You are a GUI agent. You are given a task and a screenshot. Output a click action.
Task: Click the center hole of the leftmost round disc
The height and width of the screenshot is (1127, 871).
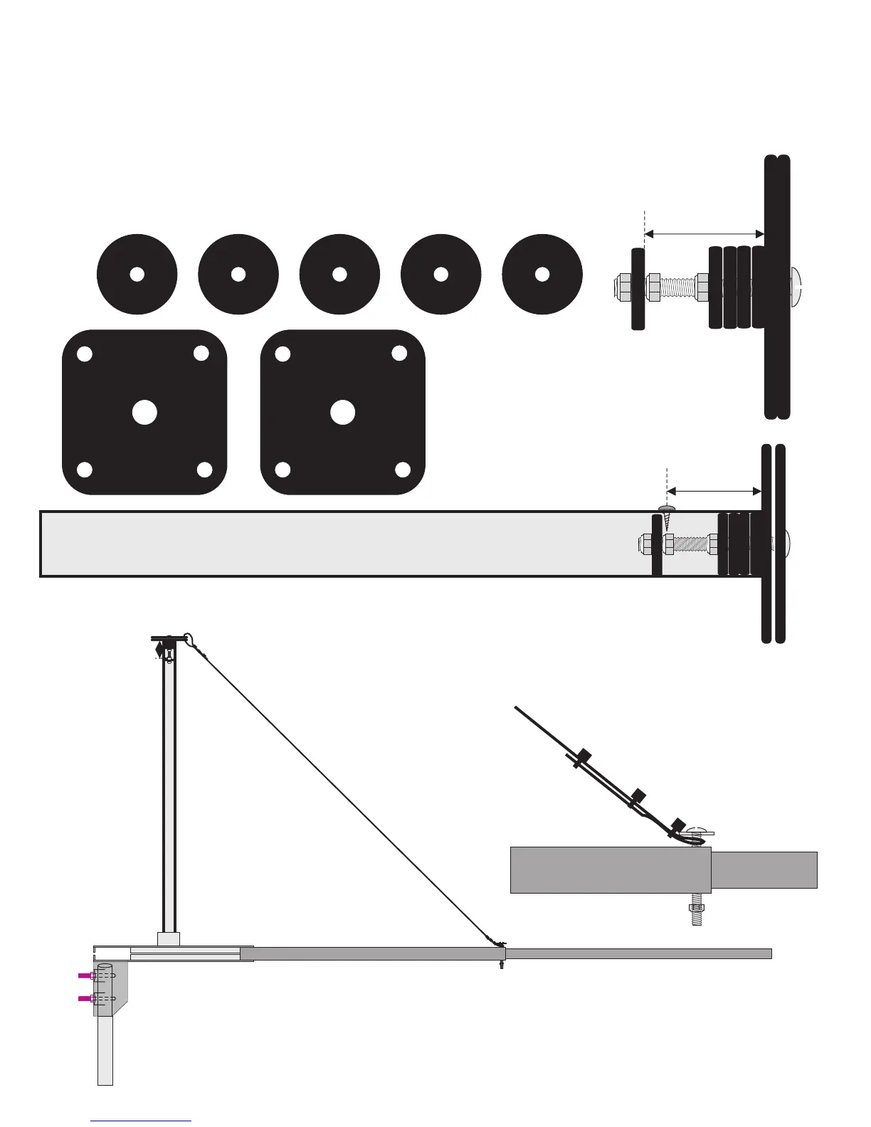click(x=137, y=274)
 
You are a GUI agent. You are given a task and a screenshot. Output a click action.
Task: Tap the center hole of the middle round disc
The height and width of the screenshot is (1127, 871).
click(x=339, y=274)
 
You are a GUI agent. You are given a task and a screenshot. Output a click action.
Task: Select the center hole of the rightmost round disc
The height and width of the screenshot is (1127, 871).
click(x=542, y=274)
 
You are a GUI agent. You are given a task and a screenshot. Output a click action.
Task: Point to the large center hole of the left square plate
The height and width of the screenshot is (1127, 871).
click(x=144, y=413)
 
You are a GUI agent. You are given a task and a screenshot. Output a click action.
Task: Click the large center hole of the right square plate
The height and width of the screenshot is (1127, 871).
click(x=342, y=413)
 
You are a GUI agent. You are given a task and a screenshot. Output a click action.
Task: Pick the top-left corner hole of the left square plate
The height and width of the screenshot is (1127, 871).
click(x=85, y=354)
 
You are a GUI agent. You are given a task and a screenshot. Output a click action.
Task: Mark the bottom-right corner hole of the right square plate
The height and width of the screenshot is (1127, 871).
click(x=403, y=470)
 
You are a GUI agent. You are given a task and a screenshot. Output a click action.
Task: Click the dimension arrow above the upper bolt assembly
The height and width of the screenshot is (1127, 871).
click(x=704, y=233)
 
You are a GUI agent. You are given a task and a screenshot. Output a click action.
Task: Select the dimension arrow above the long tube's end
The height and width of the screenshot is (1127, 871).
click(x=714, y=491)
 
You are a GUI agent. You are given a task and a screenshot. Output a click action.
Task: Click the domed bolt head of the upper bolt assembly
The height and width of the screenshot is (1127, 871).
click(x=796, y=287)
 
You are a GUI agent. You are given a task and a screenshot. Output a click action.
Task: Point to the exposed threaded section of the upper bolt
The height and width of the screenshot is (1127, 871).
click(x=678, y=287)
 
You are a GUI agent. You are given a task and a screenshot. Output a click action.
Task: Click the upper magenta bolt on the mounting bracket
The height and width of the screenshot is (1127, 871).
click(x=85, y=975)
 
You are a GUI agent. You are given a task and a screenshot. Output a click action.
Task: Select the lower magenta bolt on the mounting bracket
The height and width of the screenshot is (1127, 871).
click(x=85, y=999)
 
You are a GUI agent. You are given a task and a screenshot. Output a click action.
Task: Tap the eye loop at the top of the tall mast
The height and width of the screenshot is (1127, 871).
click(x=189, y=638)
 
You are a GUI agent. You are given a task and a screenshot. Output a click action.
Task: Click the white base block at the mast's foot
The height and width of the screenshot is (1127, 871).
click(x=169, y=939)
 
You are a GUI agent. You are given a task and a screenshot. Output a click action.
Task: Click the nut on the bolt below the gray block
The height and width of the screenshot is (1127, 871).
click(x=697, y=908)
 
